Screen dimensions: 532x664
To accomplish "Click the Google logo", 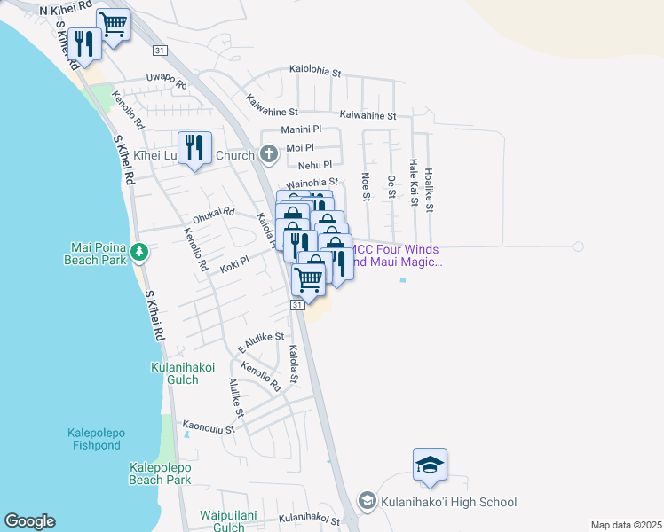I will [x=29, y=521].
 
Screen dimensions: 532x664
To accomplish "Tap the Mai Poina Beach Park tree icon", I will [x=138, y=254].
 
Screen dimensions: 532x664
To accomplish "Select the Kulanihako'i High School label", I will [x=448, y=503].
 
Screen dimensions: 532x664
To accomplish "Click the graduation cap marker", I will [x=430, y=465].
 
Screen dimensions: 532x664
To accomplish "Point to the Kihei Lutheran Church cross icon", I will [x=269, y=155].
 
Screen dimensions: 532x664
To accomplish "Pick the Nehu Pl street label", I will [x=315, y=165].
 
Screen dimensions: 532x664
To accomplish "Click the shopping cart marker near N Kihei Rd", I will [x=113, y=24].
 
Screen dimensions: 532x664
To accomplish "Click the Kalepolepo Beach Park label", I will [x=160, y=473].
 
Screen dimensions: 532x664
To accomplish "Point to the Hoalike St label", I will [x=429, y=191].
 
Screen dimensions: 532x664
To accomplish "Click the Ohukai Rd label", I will [x=213, y=214].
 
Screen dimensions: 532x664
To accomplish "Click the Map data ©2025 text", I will [x=625, y=525].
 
